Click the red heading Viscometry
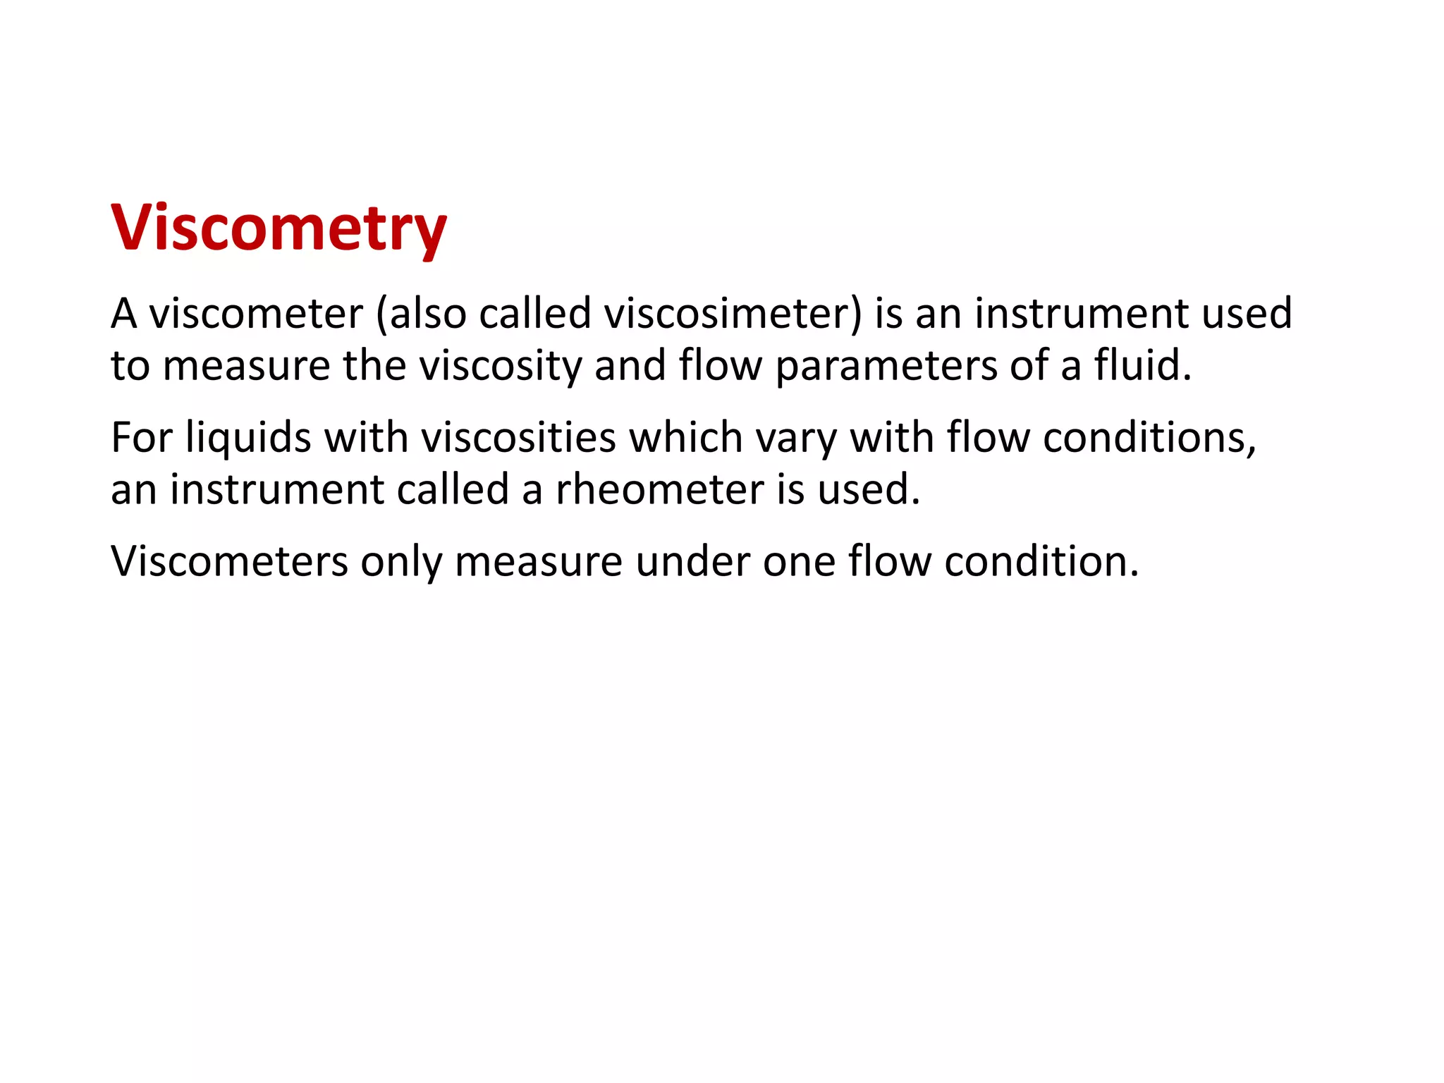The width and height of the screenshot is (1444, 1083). [x=279, y=227]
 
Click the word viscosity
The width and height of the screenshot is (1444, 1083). [x=501, y=367]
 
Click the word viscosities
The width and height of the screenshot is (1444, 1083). [x=519, y=437]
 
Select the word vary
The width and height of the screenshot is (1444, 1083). [x=796, y=439]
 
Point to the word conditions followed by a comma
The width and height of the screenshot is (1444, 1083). [x=1149, y=437]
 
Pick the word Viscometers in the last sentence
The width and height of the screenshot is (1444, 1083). [x=230, y=561]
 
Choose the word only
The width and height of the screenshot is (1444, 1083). [x=400, y=563]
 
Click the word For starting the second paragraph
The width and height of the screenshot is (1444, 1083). [x=142, y=437]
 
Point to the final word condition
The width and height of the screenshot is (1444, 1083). [x=1041, y=561]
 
